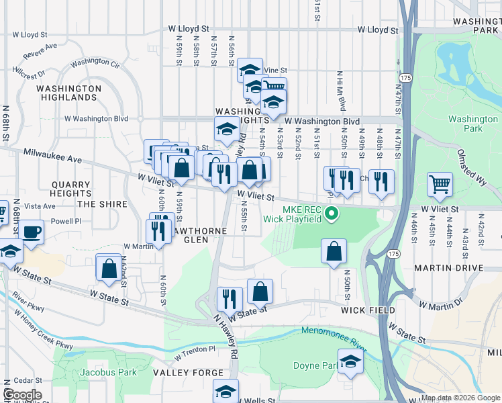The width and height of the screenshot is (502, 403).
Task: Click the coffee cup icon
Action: point(31,232)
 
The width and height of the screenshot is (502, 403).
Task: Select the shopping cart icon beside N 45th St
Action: point(440,184)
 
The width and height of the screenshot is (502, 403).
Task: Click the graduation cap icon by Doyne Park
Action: point(350,362)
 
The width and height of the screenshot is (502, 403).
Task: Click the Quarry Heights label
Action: point(72,189)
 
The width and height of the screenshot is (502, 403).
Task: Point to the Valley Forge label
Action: point(188,373)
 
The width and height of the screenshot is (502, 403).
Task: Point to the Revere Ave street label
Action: point(40,50)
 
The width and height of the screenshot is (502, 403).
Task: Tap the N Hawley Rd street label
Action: point(225,338)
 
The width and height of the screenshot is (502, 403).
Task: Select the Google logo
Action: point(21,395)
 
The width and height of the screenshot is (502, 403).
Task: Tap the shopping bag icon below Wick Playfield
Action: point(334,252)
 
